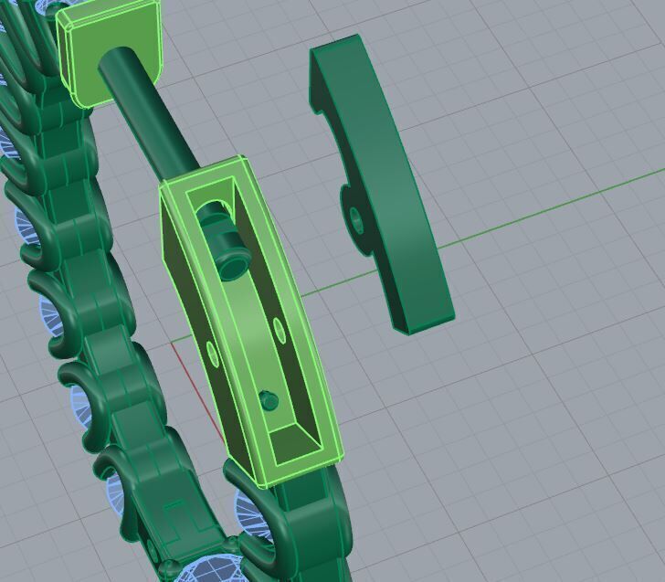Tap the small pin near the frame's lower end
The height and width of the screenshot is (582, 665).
pyautogui.click(x=269, y=399)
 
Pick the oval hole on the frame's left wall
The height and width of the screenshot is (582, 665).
pyautogui.click(x=212, y=352)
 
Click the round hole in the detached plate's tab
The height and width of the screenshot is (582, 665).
pyautogui.click(x=355, y=217)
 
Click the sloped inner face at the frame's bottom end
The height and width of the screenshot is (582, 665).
pyautogui.click(x=297, y=437)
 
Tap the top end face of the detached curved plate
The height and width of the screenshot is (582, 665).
pyautogui.click(x=334, y=46)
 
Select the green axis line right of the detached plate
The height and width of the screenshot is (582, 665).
pyautogui.click(x=548, y=210)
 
